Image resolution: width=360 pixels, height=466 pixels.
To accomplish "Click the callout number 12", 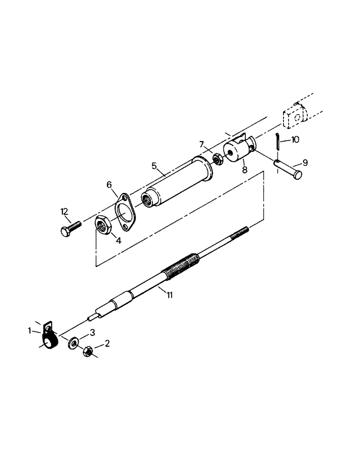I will click(x=64, y=212).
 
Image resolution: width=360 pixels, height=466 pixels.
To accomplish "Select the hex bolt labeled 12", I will click(x=70, y=228).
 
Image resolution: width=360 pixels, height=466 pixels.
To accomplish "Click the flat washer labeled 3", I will click(x=74, y=344).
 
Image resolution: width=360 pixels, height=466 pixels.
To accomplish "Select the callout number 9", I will click(x=305, y=163).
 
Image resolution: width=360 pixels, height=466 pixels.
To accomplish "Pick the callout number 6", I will click(x=110, y=185).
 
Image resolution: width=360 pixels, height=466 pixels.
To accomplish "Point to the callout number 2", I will click(x=108, y=344).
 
